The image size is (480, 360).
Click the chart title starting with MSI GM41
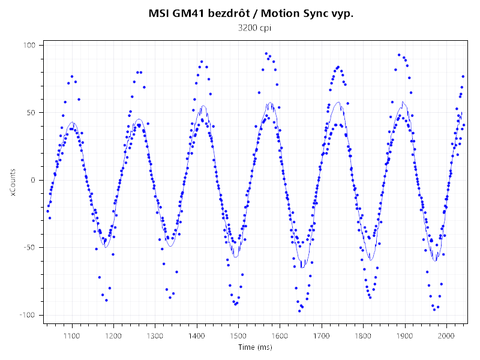point(251,14)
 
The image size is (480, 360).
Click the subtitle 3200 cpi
point(251,28)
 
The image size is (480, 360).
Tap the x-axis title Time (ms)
point(255,347)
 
